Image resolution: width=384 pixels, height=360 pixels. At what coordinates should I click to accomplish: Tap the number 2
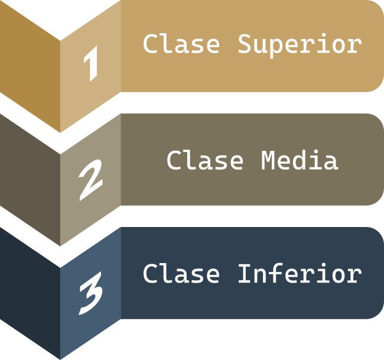point(90,179)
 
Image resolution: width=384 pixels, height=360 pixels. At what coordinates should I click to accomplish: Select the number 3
point(90,293)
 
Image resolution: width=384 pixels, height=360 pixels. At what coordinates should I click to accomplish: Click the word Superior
point(299,44)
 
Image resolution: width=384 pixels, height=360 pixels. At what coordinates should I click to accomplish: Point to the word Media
point(299,161)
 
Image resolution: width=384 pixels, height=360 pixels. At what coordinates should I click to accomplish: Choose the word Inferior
point(299,274)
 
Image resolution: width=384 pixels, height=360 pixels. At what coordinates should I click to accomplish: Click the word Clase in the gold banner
point(181,44)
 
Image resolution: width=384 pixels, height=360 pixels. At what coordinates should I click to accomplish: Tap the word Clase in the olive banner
point(204,161)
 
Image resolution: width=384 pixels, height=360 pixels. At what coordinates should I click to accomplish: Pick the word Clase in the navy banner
point(181,274)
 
